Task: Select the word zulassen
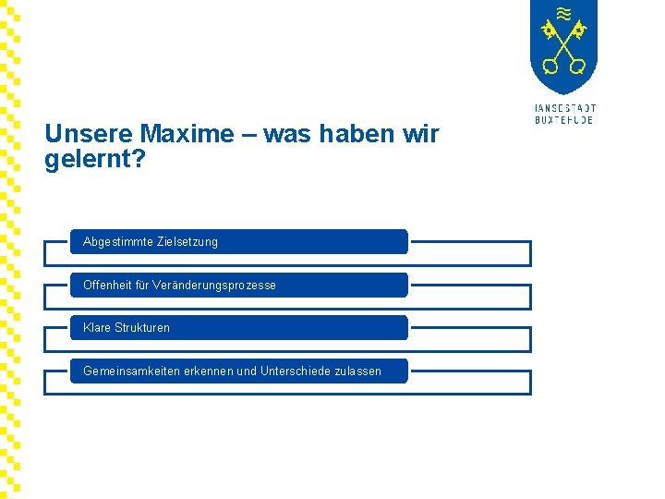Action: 358,371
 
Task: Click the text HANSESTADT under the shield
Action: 564,108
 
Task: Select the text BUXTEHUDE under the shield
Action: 564,120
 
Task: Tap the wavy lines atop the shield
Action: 563,13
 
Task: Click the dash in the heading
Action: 249,135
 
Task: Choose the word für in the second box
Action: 143,286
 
